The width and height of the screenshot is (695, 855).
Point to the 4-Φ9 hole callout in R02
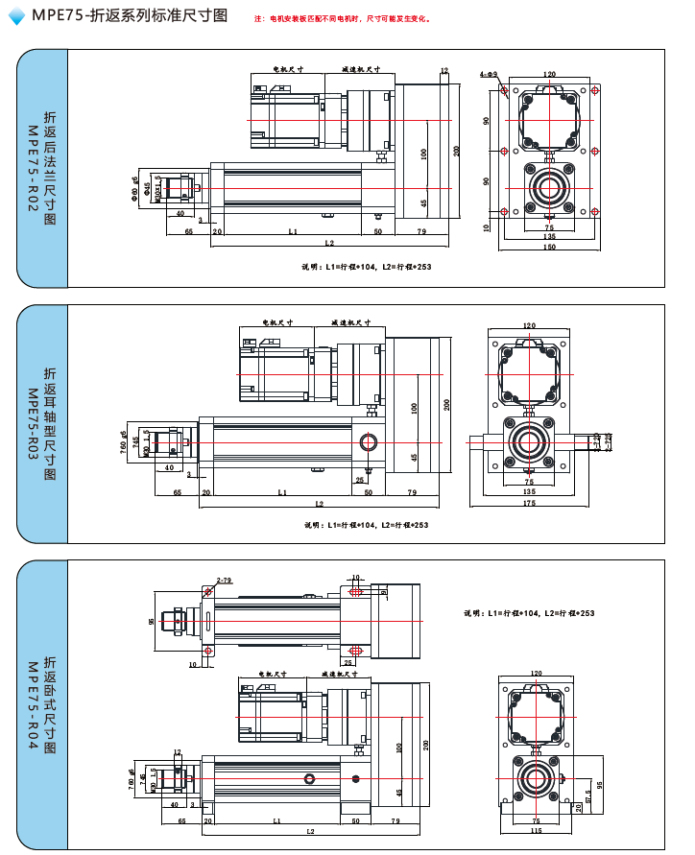488,73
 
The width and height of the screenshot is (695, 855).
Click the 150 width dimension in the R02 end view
548,248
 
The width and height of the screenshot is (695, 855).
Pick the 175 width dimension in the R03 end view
529,503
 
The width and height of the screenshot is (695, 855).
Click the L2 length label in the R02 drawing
329,243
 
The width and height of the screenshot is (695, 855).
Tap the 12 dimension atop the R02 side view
444,70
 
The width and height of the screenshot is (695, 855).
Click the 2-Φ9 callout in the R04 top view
225,581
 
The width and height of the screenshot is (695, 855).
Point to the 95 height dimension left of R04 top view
152,622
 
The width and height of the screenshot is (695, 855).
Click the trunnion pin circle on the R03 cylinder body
368,442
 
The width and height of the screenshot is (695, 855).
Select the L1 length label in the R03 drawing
282,491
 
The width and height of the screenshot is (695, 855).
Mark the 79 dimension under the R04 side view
396,821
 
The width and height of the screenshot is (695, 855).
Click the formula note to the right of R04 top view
529,612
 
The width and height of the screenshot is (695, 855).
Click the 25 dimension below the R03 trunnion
359,480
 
